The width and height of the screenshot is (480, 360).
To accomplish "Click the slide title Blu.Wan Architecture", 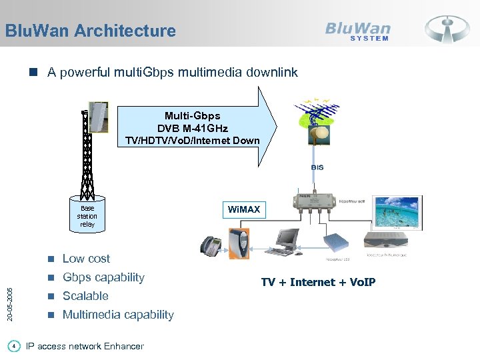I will click(90, 31).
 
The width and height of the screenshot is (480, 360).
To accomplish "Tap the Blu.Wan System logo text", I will click(358, 30).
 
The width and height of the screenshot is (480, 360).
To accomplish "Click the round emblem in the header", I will click(447, 29).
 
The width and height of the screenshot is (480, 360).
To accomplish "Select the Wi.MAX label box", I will click(243, 210).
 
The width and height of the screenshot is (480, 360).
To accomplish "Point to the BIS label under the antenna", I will click(317, 167).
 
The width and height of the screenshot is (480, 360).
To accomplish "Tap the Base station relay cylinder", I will click(87, 215).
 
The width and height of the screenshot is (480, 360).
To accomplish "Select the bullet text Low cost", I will click(86, 259).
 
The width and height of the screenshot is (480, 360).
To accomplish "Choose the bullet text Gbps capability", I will click(103, 277).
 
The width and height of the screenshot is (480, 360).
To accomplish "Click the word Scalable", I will click(85, 296).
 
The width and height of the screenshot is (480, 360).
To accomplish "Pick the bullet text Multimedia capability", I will click(118, 315).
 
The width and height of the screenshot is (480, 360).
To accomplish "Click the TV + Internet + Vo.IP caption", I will click(318, 282).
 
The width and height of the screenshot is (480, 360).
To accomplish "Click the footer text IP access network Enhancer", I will click(84, 346).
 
